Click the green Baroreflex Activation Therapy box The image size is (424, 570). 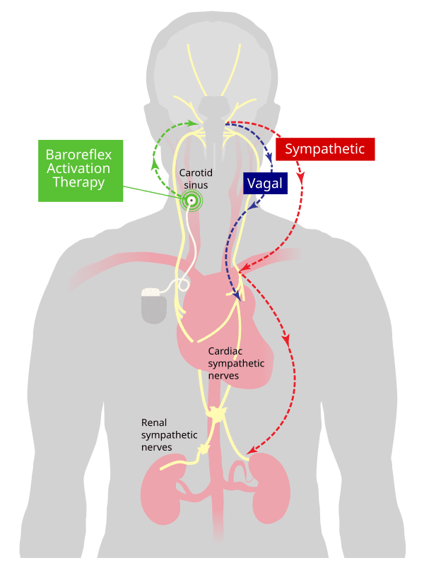pos(81,170)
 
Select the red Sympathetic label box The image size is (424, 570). pos(325,149)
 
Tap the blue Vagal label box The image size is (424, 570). pos(265,183)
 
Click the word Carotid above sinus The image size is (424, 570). pos(196,172)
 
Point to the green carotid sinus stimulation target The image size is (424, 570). pos(191,201)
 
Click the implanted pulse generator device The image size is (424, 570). pos(154,305)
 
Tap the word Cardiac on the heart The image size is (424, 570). pos(225,351)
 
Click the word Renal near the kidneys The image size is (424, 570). pos(154,423)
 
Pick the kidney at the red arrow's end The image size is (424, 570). pos(270,488)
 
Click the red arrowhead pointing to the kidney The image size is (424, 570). pos(252,450)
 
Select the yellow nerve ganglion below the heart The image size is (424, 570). pos(217,415)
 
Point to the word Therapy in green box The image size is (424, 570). pos(79,182)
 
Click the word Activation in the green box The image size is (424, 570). pos(78,168)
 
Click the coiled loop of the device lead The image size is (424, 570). pos(182,284)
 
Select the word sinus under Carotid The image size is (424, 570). pos(196,185)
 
